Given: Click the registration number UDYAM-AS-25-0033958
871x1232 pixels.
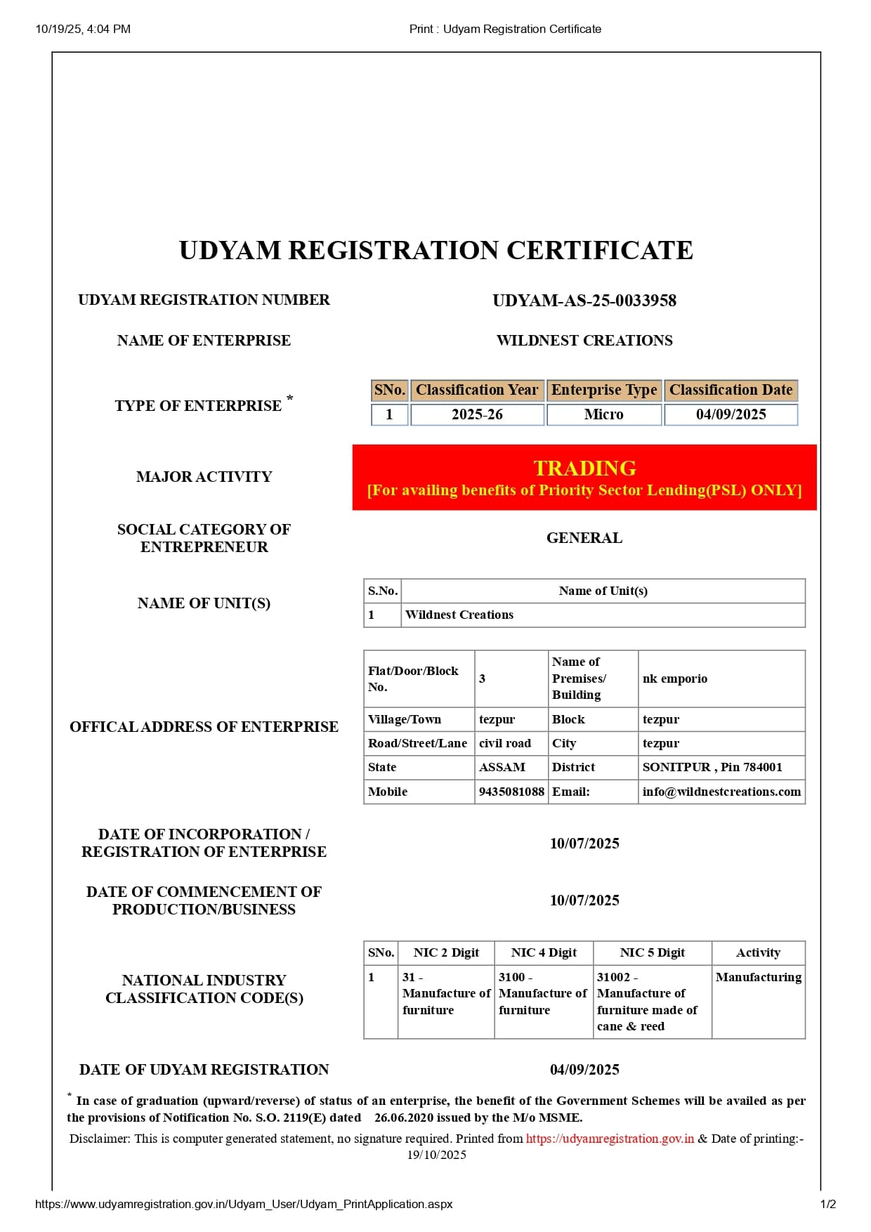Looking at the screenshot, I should [584, 301].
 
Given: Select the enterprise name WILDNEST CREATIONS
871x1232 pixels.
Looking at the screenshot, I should [584, 341].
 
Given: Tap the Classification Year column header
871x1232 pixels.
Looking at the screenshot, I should [477, 390].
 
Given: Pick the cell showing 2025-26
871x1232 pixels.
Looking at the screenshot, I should [477, 414].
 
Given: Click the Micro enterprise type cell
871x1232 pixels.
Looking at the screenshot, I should [603, 414].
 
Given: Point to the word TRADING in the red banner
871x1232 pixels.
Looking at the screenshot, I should [584, 468].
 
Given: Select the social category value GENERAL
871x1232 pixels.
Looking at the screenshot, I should [584, 538].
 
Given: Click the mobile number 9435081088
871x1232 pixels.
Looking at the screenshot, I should [511, 792].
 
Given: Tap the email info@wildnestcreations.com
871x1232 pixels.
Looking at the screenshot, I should [721, 792].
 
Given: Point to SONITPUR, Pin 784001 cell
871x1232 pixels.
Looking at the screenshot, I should [712, 767].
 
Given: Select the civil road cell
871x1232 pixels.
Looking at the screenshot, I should [505, 743].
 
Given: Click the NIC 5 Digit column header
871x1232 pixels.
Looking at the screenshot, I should [652, 952].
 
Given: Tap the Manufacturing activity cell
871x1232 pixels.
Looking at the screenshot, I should [758, 977].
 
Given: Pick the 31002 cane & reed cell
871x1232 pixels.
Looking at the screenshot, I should [647, 1002].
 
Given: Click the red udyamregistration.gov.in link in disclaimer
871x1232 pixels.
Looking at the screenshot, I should [610, 1139].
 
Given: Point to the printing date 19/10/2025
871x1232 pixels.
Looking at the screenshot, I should [436, 1155].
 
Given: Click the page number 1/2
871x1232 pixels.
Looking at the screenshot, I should [827, 1204].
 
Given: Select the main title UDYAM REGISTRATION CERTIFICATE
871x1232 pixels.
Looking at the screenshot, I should [435, 251].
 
